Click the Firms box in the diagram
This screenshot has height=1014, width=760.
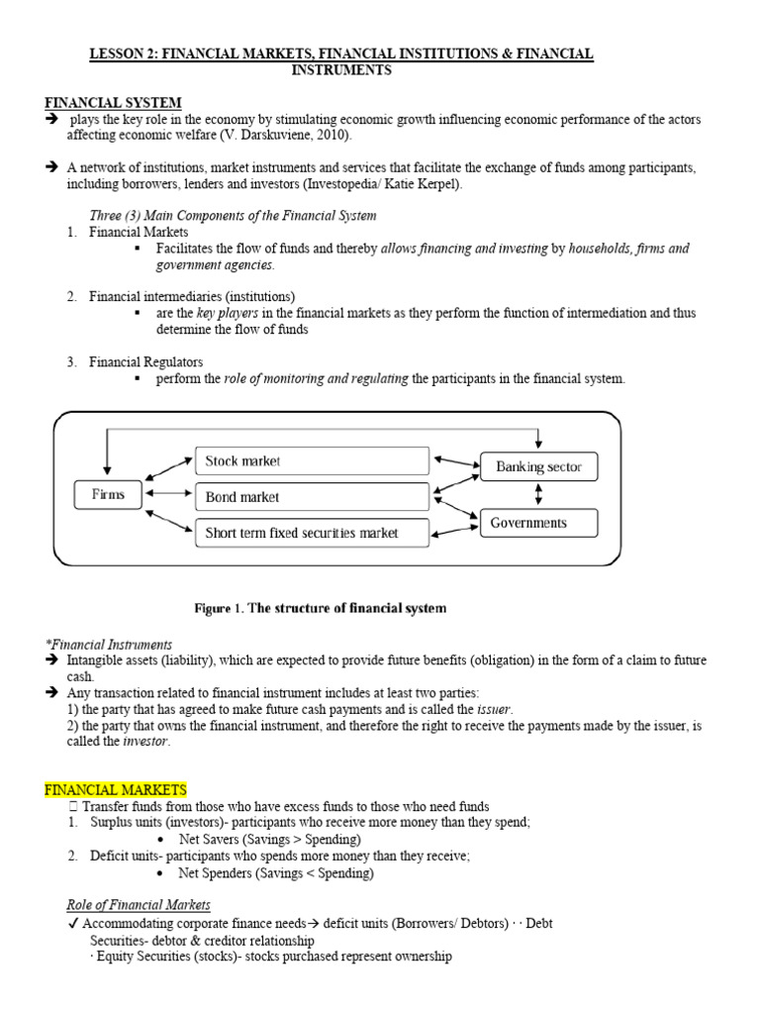[x=108, y=494]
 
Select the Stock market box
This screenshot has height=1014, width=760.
[x=312, y=460]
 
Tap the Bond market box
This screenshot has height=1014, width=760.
[x=312, y=496]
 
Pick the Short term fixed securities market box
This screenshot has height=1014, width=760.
[x=312, y=532]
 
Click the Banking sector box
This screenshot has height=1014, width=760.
[x=538, y=466]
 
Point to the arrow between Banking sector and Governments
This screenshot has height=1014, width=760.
[x=538, y=494]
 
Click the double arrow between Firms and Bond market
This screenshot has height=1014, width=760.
[x=166, y=493]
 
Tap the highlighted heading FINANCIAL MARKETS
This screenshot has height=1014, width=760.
[x=116, y=789]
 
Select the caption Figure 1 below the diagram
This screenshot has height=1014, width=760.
[x=319, y=608]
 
